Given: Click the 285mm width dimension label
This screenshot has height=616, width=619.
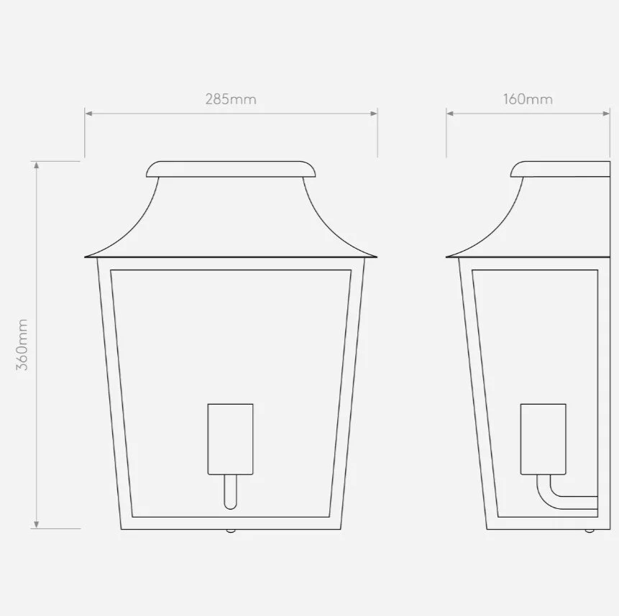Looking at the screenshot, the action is coord(231,99).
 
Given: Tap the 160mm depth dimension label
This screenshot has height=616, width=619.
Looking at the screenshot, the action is coord(528,99).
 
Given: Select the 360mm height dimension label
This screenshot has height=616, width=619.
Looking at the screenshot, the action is coord(22,345).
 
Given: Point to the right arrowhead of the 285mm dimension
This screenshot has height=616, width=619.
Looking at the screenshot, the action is coord(373,114).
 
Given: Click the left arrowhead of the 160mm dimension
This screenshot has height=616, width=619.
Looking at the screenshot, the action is coord(450,114).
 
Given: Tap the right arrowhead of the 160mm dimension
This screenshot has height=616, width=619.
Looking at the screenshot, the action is coord(606,114).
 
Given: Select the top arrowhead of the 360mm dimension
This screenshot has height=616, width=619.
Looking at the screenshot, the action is coord(37,165).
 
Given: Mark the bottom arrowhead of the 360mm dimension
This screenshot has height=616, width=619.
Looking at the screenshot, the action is coord(37,525).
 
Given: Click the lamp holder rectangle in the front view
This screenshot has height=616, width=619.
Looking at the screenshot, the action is coord(231,438).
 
